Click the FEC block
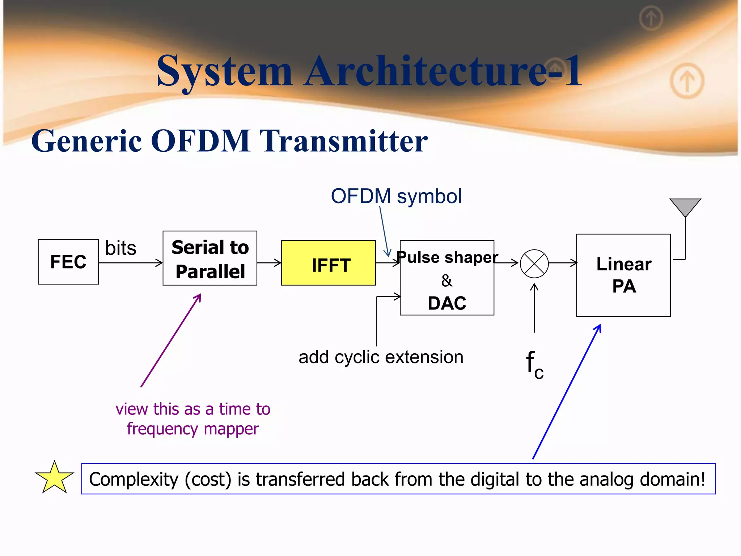coord(68,262)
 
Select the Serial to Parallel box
coord(210,258)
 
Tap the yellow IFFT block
coord(329,263)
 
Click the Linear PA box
coord(623,275)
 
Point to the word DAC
coord(447,303)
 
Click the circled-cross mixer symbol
coord(534,264)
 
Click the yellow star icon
coord(54,478)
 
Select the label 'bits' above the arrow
coord(120,248)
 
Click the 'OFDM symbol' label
coord(396,196)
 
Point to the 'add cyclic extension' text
coord(381,357)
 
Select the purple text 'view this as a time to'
coord(193,409)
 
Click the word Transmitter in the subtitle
coord(344,141)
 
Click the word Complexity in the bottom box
coord(134,479)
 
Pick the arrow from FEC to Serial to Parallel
coord(130,263)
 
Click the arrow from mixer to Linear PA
coord(563,263)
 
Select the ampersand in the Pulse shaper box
coord(446,281)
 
